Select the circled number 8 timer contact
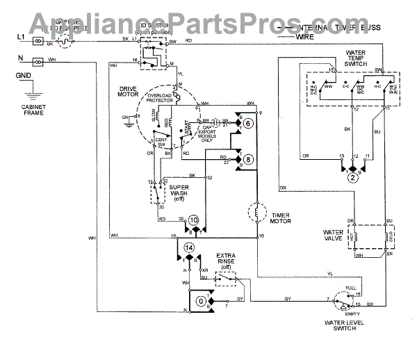click(248, 159)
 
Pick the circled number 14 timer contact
click(188, 247)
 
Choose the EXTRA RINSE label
click(230, 262)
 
